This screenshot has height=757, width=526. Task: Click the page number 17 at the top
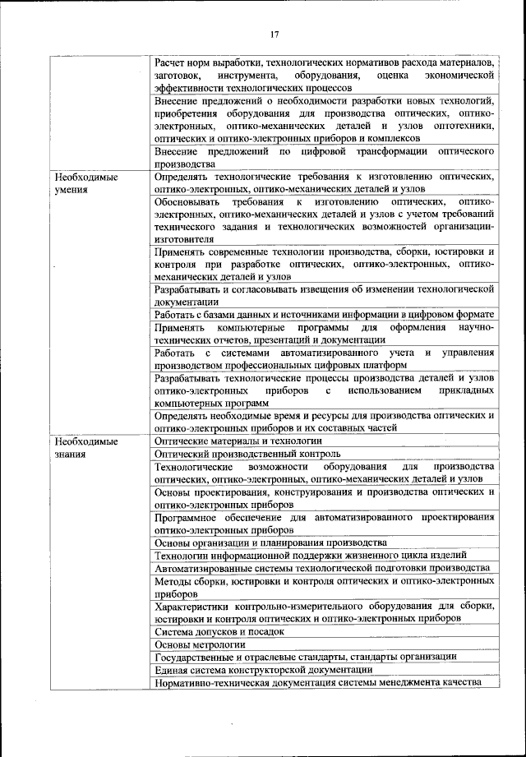275,34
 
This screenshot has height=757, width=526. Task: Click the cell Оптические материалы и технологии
238,441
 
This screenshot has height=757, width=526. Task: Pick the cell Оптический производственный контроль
244,453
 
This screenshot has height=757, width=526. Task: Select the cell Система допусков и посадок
219,631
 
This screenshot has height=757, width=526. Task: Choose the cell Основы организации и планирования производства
270,542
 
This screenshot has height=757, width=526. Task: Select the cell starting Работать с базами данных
324,314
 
